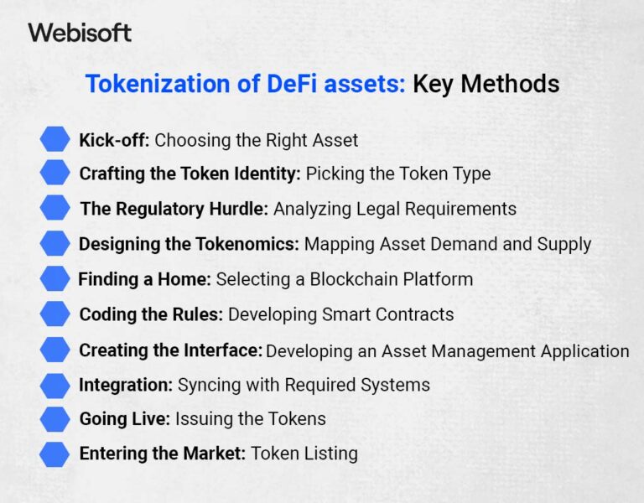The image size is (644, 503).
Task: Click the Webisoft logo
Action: (x=80, y=33)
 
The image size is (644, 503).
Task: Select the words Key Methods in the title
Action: (x=486, y=84)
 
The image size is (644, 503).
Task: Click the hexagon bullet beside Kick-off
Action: (x=55, y=139)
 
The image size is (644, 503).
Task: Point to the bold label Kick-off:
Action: (x=114, y=140)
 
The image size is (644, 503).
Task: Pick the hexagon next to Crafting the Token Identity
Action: (x=55, y=174)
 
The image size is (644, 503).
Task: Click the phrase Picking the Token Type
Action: (x=397, y=174)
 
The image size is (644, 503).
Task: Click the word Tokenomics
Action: (x=249, y=244)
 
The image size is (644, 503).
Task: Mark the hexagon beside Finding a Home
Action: (x=55, y=278)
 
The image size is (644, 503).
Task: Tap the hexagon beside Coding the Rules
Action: (x=55, y=314)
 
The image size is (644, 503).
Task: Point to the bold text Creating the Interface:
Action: (x=171, y=350)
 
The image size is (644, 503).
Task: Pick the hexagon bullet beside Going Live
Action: (x=55, y=418)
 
